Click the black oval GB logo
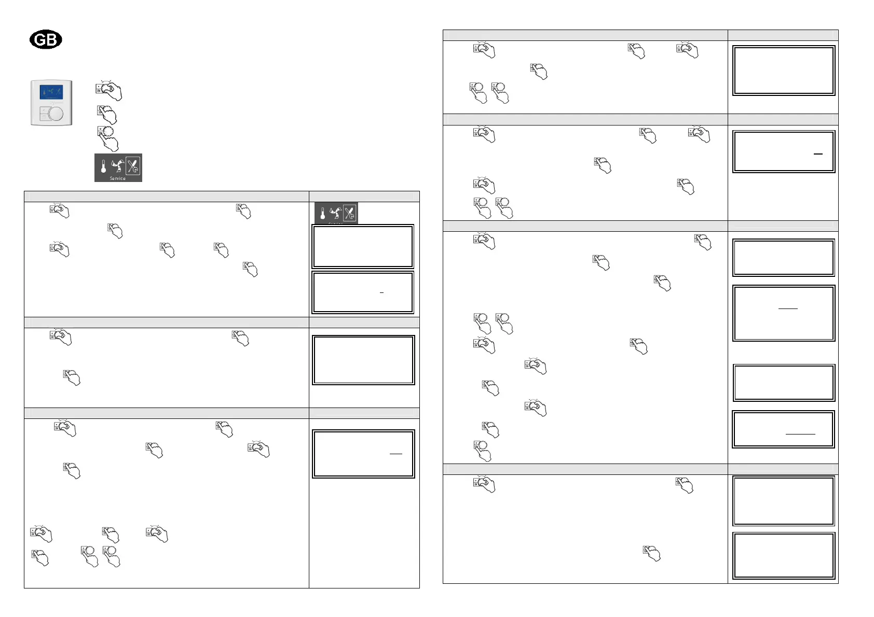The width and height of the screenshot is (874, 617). [x=46, y=40]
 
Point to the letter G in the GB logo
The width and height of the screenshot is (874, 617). [x=39, y=40]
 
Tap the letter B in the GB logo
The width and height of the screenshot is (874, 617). [x=52, y=40]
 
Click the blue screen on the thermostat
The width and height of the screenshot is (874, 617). [x=51, y=92]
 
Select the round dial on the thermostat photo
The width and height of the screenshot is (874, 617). [x=56, y=114]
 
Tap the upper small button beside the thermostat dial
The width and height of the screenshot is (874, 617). [x=44, y=110]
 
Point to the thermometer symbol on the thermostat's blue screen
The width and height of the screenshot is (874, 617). [x=44, y=92]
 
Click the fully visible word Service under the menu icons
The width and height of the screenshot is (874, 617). [x=118, y=178]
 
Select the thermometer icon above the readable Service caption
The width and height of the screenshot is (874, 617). [x=103, y=166]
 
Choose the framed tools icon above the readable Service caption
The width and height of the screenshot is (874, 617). [x=133, y=166]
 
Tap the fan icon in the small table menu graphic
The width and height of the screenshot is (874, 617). [x=335, y=213]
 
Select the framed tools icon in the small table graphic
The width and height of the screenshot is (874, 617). [x=350, y=213]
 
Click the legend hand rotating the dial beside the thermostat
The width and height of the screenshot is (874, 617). [x=108, y=91]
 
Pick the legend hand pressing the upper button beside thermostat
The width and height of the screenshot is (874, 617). [x=107, y=114]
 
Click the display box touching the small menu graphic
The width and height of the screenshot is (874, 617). [x=363, y=246]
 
